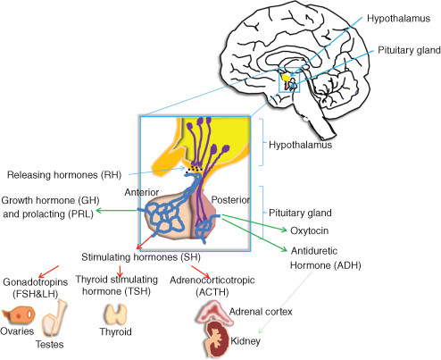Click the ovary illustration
pyautogui.click(x=19, y=315)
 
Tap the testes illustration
pyautogui.click(x=54, y=319)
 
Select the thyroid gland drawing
pyautogui.click(x=115, y=314)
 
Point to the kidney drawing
pyautogui.click(x=217, y=339)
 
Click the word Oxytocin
pyautogui.click(x=310, y=230)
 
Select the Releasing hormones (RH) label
pyautogui.click(x=64, y=175)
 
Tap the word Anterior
pyautogui.click(x=142, y=192)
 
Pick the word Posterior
pyautogui.click(x=230, y=200)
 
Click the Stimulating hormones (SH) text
pyautogui.click(x=141, y=257)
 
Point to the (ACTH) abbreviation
pyautogui.click(x=212, y=292)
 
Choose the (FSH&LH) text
pyautogui.click(x=35, y=294)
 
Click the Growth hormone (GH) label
pyautogui.click(x=50, y=200)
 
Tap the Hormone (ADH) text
pyautogui.click(x=326, y=265)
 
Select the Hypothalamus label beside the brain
pyautogui.click(x=398, y=19)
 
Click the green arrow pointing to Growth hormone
pyautogui.click(x=118, y=211)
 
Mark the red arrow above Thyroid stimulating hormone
pyautogui.click(x=120, y=271)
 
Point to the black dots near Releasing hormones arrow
pyautogui.click(x=194, y=169)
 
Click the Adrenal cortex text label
pyautogui.click(x=261, y=312)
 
